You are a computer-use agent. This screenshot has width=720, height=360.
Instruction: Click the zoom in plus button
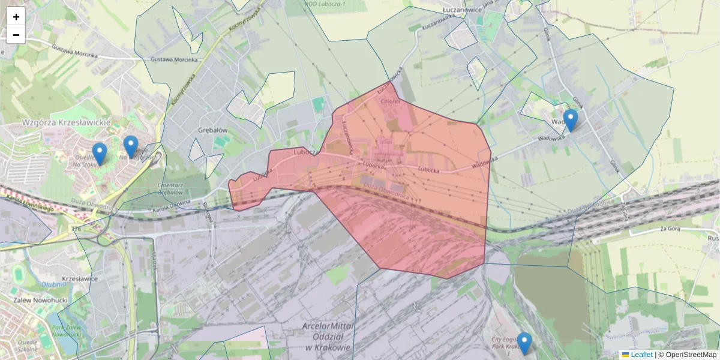pos(16,17)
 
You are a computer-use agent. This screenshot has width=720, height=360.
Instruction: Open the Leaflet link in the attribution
pos(641,355)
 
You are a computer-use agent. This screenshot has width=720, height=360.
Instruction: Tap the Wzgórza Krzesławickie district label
pos(66,122)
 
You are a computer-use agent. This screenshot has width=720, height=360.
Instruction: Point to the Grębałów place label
pos(212,130)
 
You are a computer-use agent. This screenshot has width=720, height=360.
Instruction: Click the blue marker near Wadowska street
pos(571,121)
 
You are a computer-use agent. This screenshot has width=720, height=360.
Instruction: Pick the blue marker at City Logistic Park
pos(524,343)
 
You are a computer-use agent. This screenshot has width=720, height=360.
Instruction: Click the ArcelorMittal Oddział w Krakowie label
pos(327,337)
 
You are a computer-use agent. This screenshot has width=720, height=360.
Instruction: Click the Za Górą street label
pos(672,229)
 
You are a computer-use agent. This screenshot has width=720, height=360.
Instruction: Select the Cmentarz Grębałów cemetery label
pos(169,189)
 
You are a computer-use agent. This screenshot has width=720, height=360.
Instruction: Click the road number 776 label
pos(76,229)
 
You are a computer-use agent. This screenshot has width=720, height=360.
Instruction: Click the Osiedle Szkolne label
pos(28,345)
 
